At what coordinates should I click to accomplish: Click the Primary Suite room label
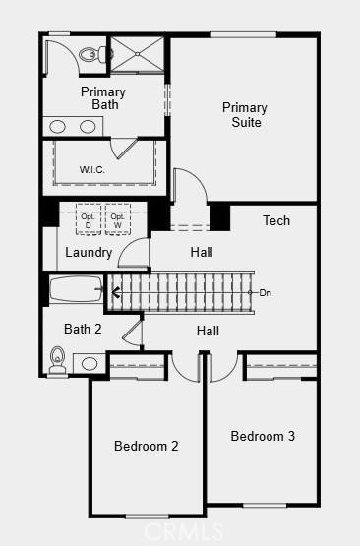tap(245, 115)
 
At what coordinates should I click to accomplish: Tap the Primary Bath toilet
tap(93, 54)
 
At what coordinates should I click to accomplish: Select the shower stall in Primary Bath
tap(137, 54)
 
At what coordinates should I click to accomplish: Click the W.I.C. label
tap(91, 170)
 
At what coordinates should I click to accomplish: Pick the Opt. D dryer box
tap(89, 219)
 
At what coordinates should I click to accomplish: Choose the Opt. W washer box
tap(118, 219)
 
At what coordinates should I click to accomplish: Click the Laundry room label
tap(89, 253)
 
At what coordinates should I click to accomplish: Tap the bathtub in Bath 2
tap(77, 289)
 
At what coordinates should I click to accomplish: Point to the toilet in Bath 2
tap(57, 361)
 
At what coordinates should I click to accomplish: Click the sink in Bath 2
tap(90, 364)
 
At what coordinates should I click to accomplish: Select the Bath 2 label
tap(83, 329)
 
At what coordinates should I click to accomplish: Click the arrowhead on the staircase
tap(116, 292)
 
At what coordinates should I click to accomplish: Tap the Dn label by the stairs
tap(266, 293)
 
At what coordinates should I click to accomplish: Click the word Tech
tap(276, 220)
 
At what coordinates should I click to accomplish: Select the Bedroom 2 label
tap(147, 446)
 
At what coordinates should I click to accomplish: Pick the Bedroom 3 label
tap(263, 436)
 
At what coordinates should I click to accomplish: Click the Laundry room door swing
tap(126, 246)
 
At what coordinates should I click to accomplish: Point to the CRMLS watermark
tap(183, 531)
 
